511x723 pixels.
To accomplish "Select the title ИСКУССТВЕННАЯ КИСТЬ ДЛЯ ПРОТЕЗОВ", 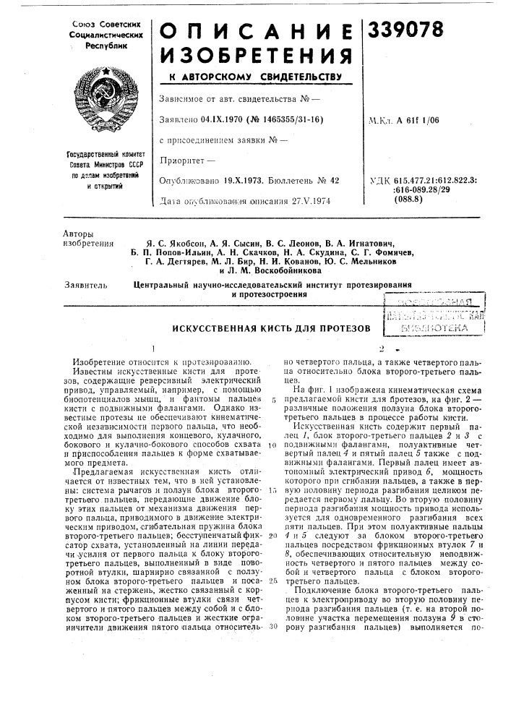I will click(267, 328).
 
